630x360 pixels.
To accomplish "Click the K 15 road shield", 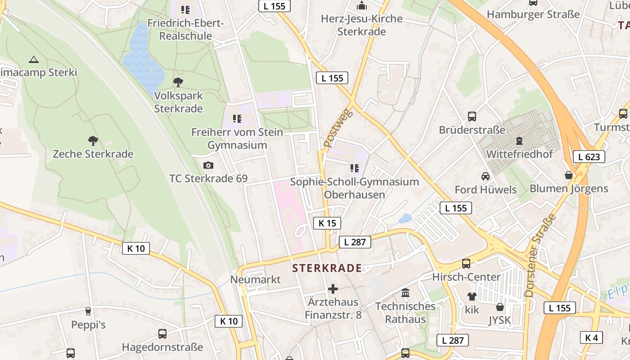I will point(327,223).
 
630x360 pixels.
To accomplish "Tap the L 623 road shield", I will point(589,157).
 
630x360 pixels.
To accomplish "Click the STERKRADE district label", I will point(327,269).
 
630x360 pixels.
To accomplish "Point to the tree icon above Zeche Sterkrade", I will point(93,141).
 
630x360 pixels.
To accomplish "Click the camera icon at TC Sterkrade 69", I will point(208,166).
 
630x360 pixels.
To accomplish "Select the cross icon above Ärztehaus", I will point(333,288).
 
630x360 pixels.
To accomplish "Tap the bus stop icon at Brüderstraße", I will point(472,117).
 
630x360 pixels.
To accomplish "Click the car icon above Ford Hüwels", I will point(485,176).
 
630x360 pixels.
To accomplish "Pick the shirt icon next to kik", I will point(472,296).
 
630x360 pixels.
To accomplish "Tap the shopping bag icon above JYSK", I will point(499,307).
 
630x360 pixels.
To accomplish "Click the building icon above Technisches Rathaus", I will point(405,293).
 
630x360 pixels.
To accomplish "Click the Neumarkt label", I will point(255,279).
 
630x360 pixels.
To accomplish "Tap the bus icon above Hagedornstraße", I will point(162,334).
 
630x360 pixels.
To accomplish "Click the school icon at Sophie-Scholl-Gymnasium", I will point(354,168).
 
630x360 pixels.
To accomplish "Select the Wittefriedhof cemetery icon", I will point(519,141).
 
